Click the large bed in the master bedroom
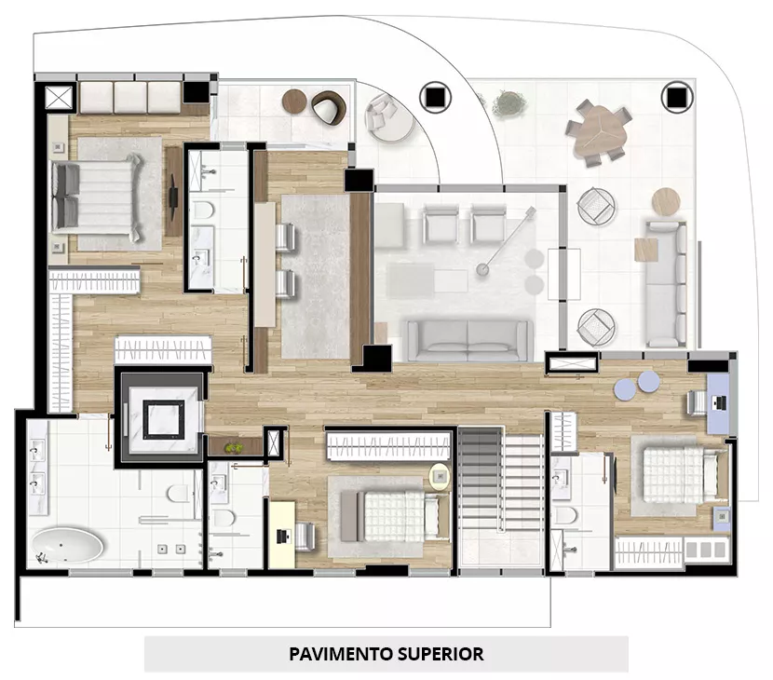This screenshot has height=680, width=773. [97, 195]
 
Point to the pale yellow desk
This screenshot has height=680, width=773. [281, 534]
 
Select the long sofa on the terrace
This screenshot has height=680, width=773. [666, 284]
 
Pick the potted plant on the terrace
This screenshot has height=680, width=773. [509, 102]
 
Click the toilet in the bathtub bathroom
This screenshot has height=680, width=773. [178, 493]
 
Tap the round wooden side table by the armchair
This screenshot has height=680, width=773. [294, 102]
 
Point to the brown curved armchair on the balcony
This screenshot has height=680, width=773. [329, 107]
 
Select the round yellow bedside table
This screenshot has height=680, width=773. [440, 477]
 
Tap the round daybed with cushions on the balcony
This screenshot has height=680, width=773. [389, 119]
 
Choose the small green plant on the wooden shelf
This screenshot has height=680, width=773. [234, 448]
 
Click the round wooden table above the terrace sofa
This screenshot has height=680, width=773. [666, 201]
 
